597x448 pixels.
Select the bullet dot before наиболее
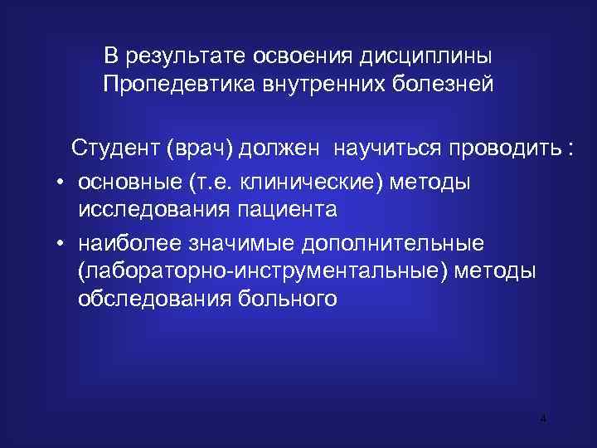tap(62, 245)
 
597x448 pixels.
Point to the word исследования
tap(154, 209)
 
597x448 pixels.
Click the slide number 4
tap(542, 419)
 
